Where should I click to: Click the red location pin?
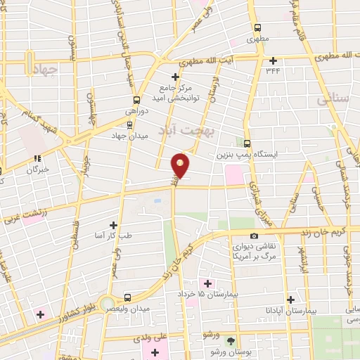(x=181, y=166)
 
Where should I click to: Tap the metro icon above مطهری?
(x=257, y=28)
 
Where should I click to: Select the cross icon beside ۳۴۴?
(x=274, y=60)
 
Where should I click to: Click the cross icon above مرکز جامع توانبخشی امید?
(x=176, y=77)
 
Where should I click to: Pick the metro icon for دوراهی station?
(x=136, y=100)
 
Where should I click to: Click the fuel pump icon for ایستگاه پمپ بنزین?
(x=247, y=142)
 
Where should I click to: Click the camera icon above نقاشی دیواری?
(x=254, y=236)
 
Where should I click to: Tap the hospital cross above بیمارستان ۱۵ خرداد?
(x=207, y=283)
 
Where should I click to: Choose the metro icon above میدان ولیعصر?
(x=127, y=297)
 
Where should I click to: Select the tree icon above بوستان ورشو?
(x=231, y=340)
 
